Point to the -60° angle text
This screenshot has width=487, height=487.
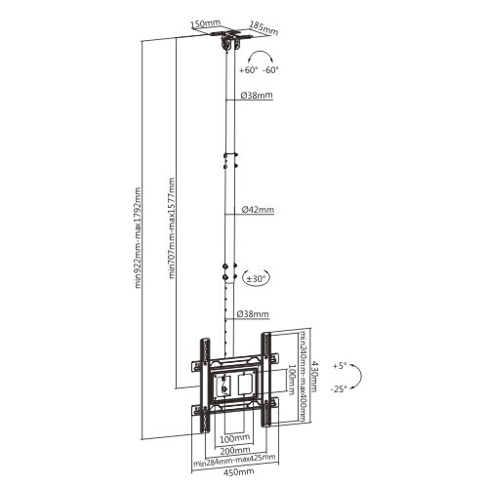[270, 70]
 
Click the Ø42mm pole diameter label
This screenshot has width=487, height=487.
[257, 210]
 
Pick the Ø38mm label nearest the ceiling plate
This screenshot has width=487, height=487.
[256, 96]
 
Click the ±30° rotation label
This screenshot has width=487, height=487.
[258, 278]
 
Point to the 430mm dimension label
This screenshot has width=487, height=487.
[315, 375]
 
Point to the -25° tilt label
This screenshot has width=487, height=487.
[340, 388]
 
